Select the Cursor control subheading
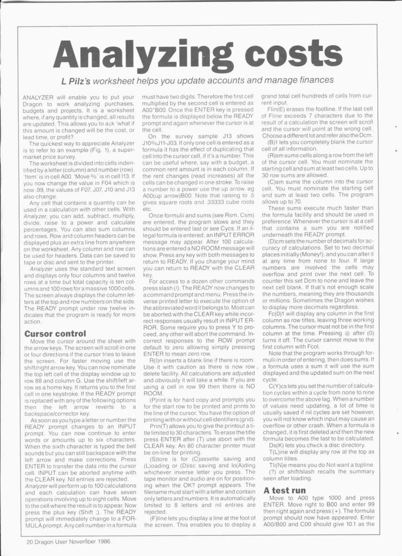pos(55,334)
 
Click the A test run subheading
pos(285,490)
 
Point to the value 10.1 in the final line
pos(352,525)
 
